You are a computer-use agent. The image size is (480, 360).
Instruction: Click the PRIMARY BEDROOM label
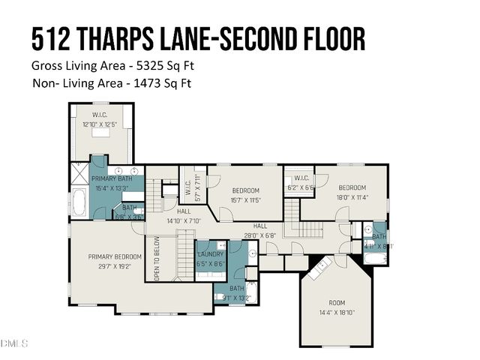coord(115,256)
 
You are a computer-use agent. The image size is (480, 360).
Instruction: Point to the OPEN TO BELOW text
coord(157,259)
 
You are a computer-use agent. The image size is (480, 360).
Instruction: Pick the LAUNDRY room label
coord(210,253)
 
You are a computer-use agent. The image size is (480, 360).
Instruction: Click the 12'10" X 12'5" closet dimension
coord(100,124)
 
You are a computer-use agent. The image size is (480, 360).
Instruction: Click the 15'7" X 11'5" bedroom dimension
coord(245,201)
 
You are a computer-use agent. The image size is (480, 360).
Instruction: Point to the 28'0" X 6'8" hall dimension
coord(260,235)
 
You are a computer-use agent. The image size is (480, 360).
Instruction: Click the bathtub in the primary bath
coord(79,202)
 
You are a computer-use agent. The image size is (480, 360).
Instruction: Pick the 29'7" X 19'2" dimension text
coord(115,265)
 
